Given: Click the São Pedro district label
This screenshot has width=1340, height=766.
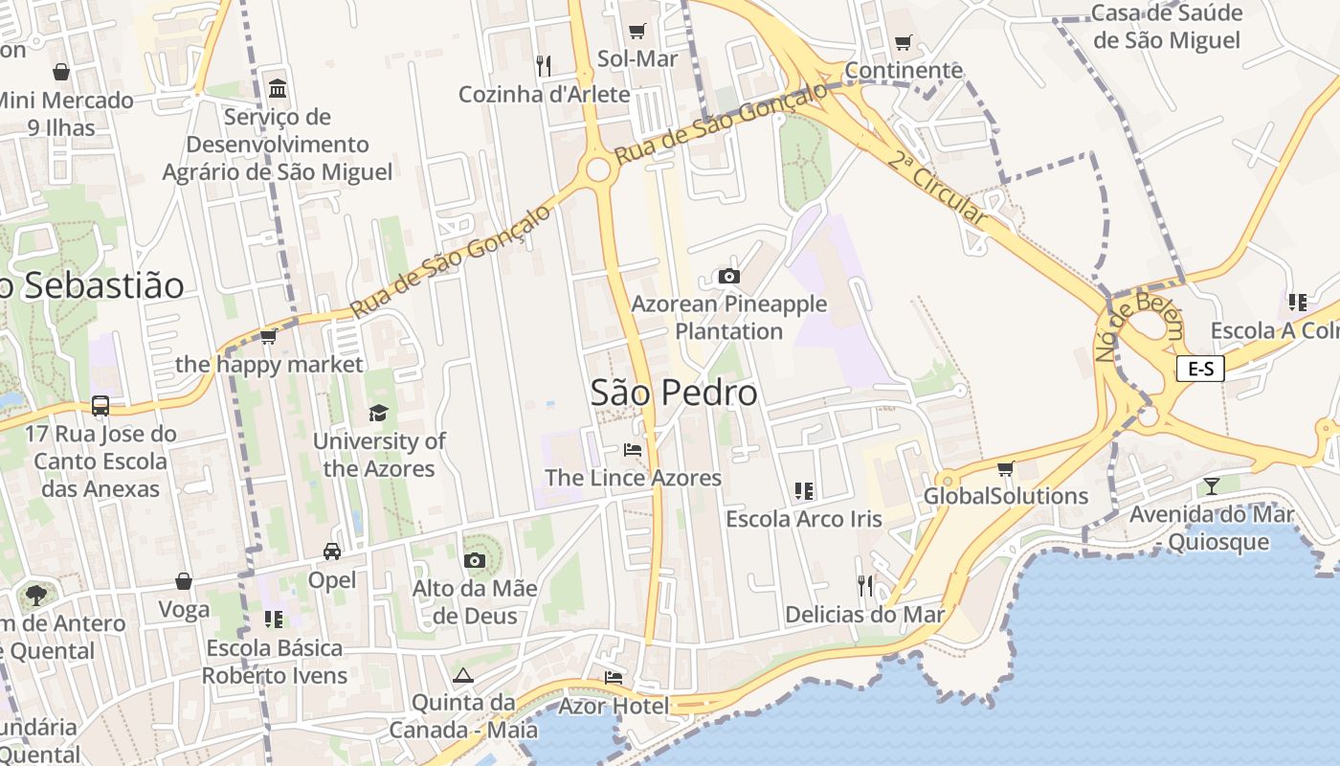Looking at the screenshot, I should (x=674, y=393).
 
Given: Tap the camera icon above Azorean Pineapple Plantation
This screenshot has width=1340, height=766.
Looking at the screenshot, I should (x=729, y=276).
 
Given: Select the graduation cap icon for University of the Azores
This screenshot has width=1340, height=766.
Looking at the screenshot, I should (x=379, y=413).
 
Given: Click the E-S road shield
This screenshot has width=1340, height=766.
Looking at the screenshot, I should (x=1200, y=369).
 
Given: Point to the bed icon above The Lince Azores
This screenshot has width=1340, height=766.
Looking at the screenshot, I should (x=633, y=448).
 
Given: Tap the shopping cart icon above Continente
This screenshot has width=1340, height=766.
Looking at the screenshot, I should (x=903, y=42).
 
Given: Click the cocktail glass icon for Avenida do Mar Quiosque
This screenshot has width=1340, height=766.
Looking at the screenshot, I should (x=1212, y=485).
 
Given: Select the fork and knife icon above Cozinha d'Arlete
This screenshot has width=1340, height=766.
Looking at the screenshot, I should (x=544, y=65).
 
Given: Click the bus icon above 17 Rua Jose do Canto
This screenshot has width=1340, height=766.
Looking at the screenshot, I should (x=100, y=405).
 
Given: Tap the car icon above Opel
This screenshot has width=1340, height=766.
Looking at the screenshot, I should (x=332, y=552).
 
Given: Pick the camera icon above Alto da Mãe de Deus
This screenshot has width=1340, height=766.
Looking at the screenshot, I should (x=475, y=560).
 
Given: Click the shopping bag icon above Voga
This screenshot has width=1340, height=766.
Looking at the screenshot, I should (x=184, y=581).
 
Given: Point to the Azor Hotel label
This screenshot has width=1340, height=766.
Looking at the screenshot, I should (x=614, y=707).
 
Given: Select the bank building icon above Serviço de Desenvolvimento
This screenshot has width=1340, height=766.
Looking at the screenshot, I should (x=278, y=89).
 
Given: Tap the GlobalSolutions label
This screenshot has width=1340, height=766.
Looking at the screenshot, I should (x=1005, y=496).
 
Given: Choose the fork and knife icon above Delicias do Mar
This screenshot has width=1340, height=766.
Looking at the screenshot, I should (x=865, y=585).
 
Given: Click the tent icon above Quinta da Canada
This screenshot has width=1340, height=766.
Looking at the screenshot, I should (x=463, y=675).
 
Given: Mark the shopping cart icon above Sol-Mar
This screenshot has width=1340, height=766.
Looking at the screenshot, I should (x=637, y=31).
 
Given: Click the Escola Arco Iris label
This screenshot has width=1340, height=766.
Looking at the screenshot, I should (x=804, y=519).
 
